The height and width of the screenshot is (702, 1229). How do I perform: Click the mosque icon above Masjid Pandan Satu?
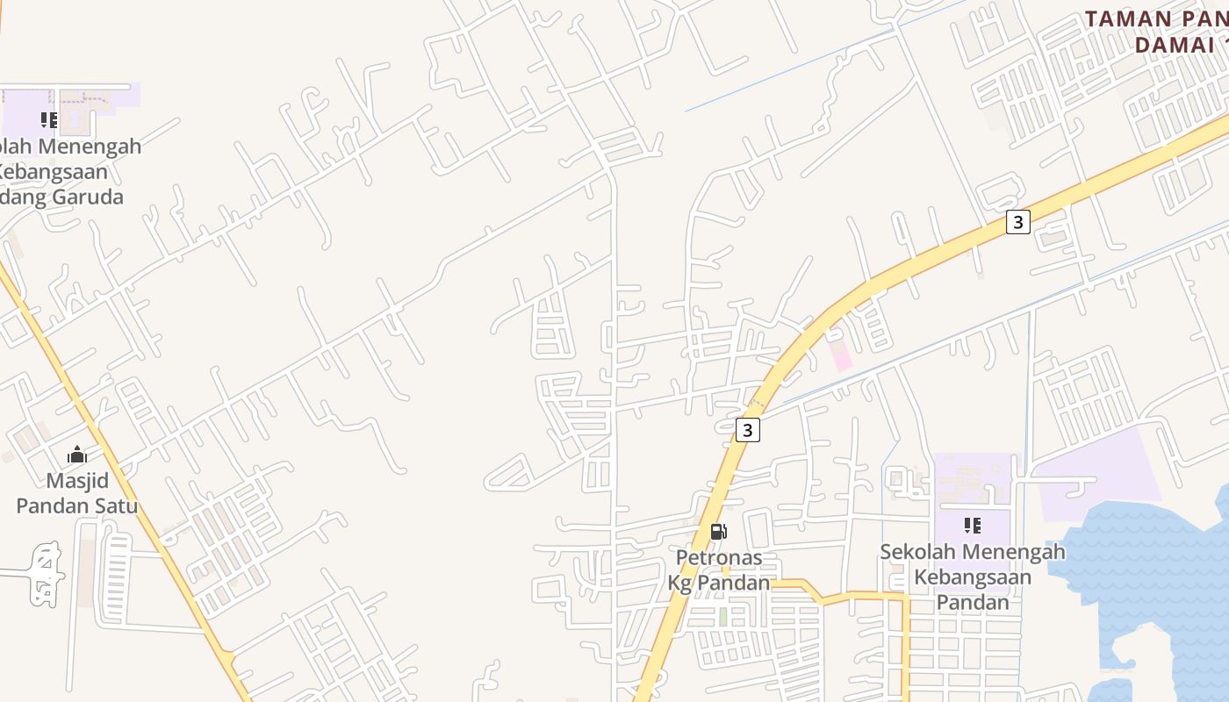(77, 455)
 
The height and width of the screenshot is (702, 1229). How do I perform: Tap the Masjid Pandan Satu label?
(77, 493)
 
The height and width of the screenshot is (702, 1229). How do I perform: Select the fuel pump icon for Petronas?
(718, 531)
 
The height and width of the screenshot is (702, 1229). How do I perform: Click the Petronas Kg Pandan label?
(718, 569)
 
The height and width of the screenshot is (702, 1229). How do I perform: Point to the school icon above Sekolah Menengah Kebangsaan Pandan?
(972, 526)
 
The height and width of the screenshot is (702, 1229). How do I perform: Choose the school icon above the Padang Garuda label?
(49, 119)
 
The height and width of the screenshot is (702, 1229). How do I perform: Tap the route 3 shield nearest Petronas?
(747, 430)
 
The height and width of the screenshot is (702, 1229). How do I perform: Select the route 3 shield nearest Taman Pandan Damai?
(1017, 222)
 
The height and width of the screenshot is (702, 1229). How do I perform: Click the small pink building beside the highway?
(840, 355)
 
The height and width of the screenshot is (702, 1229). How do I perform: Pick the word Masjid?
(77, 481)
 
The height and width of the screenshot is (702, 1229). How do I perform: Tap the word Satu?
(117, 506)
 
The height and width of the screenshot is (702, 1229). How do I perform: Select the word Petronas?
(718, 557)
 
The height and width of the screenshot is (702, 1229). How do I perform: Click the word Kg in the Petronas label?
(681, 583)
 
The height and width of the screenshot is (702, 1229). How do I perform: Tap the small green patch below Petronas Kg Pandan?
(722, 617)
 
